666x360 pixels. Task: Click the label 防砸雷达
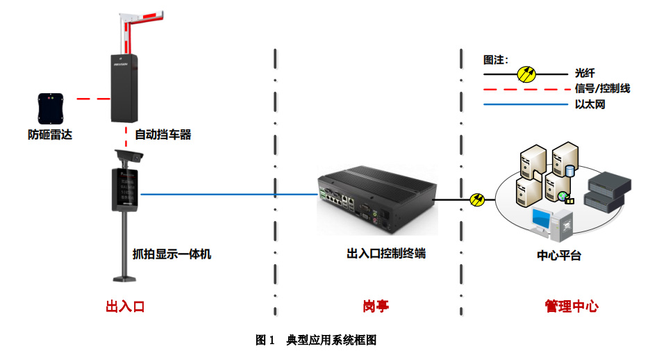(45, 135)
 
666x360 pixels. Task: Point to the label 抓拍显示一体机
(172, 254)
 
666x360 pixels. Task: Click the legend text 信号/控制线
(602, 88)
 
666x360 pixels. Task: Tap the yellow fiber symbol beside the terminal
(477, 199)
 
